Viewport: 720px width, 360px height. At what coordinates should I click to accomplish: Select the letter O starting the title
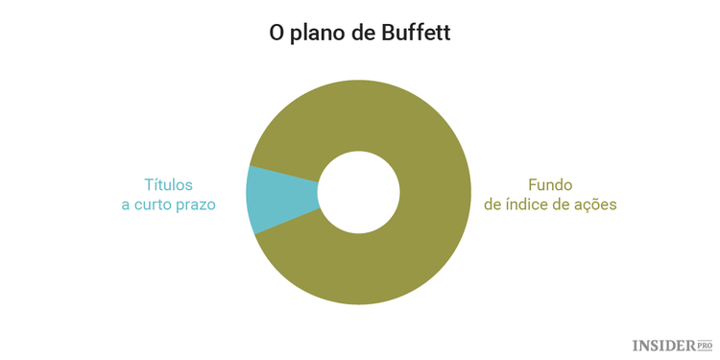tap(276, 34)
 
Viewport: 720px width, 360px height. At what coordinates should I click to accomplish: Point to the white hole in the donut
tap(359, 193)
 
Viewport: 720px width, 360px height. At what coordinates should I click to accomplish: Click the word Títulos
tap(168, 184)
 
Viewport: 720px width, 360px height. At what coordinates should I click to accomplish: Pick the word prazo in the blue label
tap(196, 205)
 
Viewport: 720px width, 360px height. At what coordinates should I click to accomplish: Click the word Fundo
tap(550, 184)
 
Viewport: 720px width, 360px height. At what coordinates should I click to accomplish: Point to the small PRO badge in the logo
tap(705, 344)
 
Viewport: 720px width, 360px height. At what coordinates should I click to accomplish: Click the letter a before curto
tap(126, 205)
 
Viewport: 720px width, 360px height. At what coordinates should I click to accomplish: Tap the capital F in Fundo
tap(533, 184)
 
